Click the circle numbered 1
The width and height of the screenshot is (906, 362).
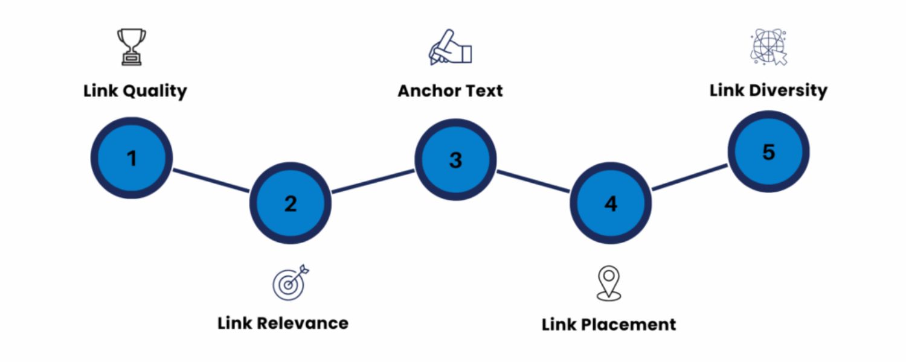point(132,158)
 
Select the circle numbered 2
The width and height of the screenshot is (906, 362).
point(291,203)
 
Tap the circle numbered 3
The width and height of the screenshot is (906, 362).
point(455,160)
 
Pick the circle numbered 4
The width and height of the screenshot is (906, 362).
point(611,203)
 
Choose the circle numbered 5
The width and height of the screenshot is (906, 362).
point(768,151)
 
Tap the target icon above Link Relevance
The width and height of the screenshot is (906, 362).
point(291,282)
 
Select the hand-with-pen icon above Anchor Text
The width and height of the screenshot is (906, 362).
point(449,47)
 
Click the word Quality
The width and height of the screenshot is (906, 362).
point(155,92)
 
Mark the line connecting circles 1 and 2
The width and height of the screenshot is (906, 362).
point(211,180)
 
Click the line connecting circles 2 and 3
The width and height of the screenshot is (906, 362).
point(373,182)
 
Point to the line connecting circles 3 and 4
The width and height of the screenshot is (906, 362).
point(533,182)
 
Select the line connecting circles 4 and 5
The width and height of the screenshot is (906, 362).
point(689,177)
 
